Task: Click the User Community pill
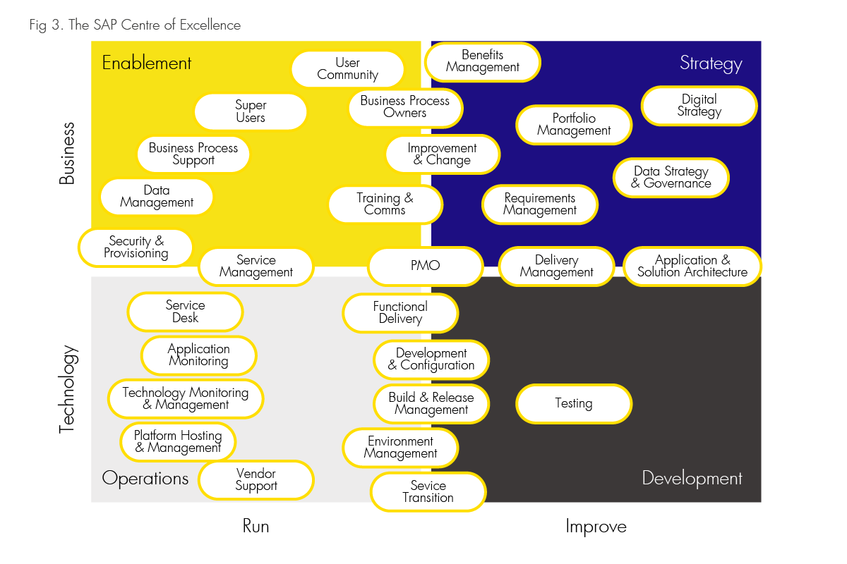[x=347, y=69]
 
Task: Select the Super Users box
[x=251, y=112]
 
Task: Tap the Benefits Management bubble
[x=483, y=61]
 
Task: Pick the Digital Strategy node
[x=699, y=106]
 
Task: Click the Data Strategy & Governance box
[x=671, y=178]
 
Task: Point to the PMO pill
[x=425, y=266]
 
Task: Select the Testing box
[x=573, y=403]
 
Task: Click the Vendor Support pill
[x=256, y=480]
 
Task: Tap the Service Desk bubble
[x=185, y=312]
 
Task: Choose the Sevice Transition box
[x=428, y=491]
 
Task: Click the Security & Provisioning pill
[x=136, y=247]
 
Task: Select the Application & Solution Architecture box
[x=692, y=266]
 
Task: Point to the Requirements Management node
[x=540, y=204]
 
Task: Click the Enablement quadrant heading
[x=147, y=63]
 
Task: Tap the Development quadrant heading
[x=692, y=479]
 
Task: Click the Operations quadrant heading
[x=145, y=479]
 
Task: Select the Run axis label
[x=256, y=527]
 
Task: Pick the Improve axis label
[x=596, y=527]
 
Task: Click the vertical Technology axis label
[x=67, y=388]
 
